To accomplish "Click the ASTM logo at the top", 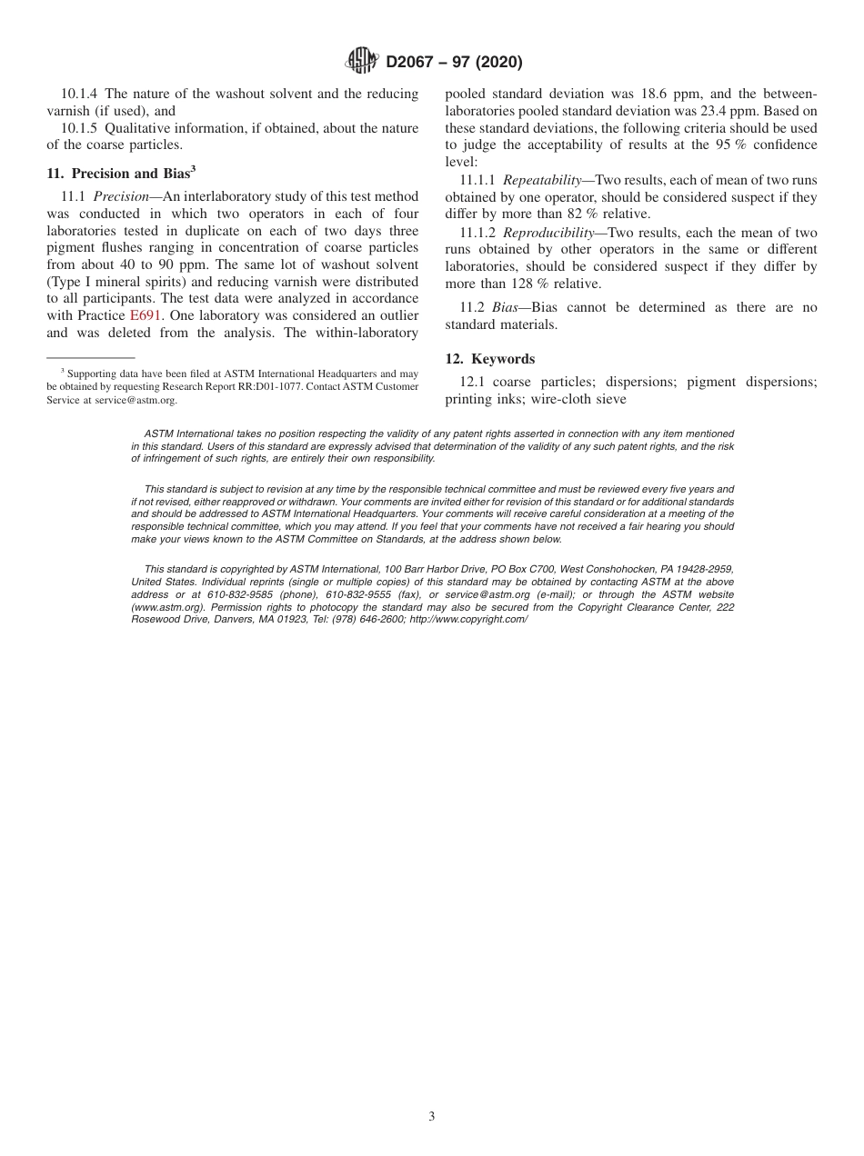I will pos(363,62).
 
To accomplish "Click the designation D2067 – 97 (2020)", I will pos(454,63).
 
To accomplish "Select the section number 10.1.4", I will pos(80,94).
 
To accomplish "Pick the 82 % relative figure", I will pos(616,214).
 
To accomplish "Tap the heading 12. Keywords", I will pos(489,359).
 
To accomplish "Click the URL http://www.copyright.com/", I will pos(468,619).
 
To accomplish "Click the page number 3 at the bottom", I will pos(432,1116).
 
